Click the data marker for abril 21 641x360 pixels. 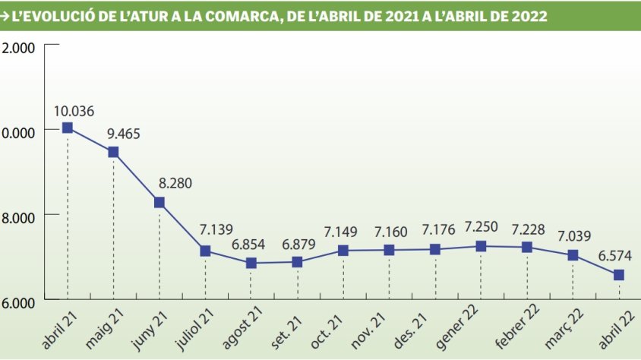pyautogui.click(x=68, y=128)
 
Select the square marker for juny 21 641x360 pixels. pyautogui.click(x=159, y=202)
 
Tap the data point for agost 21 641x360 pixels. pyautogui.click(x=251, y=263)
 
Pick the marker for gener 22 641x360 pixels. pyautogui.click(x=481, y=246)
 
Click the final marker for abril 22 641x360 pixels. pyautogui.click(x=619, y=275)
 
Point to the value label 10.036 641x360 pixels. pyautogui.click(x=74, y=112)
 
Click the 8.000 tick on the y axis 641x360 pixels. pyautogui.click(x=20, y=216)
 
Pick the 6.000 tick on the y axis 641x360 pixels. pyautogui.click(x=20, y=302)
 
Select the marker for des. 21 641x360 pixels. pyautogui.click(x=435, y=249)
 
